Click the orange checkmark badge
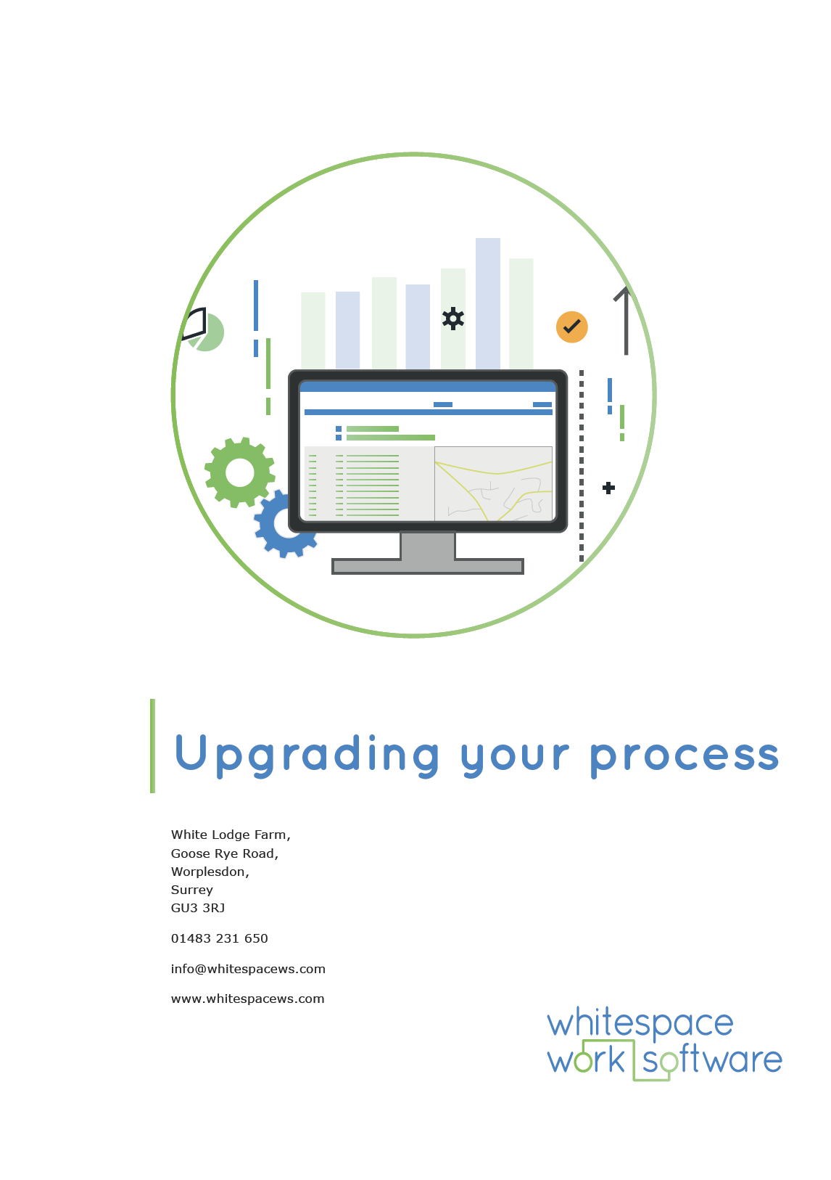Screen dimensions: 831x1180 tap(571, 327)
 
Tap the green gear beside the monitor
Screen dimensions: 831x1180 tap(239, 472)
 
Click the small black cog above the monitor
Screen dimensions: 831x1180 tap(453, 319)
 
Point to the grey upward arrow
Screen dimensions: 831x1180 tap(625, 321)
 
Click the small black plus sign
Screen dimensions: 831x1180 tap(608, 488)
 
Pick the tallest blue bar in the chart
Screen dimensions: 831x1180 tap(488, 303)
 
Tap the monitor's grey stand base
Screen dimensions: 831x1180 tap(427, 566)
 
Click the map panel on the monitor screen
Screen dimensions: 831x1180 tap(493, 483)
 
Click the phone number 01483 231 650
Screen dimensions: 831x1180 tap(220, 938)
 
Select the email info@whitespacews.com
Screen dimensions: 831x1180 tap(249, 969)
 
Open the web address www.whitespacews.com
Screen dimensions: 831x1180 tap(248, 999)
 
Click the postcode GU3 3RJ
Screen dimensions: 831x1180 tap(198, 908)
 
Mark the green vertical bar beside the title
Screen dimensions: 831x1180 tap(152, 746)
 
